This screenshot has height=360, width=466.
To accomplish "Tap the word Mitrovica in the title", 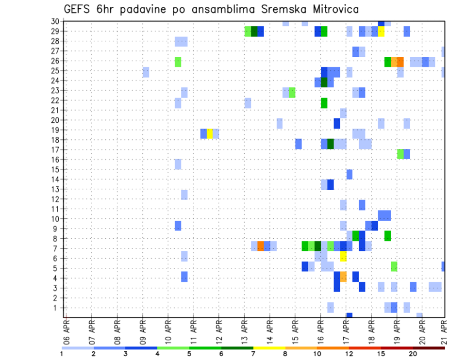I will click(x=334, y=9).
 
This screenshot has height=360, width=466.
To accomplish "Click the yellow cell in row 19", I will click(x=210, y=133).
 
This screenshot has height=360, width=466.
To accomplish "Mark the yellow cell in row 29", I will click(x=381, y=32).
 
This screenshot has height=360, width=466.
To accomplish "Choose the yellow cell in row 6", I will click(x=343, y=256).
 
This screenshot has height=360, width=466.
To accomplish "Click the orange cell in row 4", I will click(x=343, y=277).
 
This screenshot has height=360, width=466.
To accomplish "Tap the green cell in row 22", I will click(x=324, y=103).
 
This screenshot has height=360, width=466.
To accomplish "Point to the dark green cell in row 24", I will click(x=324, y=82).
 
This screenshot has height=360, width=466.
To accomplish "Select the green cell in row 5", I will click(x=394, y=266).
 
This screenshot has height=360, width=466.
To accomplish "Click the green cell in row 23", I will click(x=292, y=92).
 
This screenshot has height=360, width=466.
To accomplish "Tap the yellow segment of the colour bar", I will click(x=269, y=348).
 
